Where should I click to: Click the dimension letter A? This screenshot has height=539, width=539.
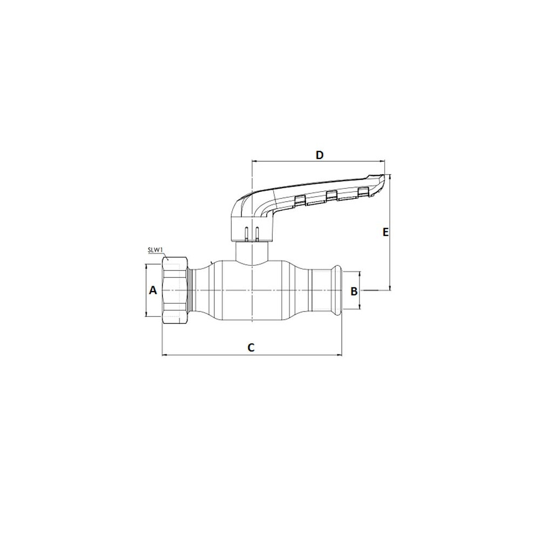153,291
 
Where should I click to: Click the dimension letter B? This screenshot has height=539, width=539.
354,292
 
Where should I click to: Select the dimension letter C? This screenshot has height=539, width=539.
251,347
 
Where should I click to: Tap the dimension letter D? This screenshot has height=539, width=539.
320,155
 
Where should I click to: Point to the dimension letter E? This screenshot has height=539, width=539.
386,232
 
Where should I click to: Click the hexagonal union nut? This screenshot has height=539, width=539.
175,291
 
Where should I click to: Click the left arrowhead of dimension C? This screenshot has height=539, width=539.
164,355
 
